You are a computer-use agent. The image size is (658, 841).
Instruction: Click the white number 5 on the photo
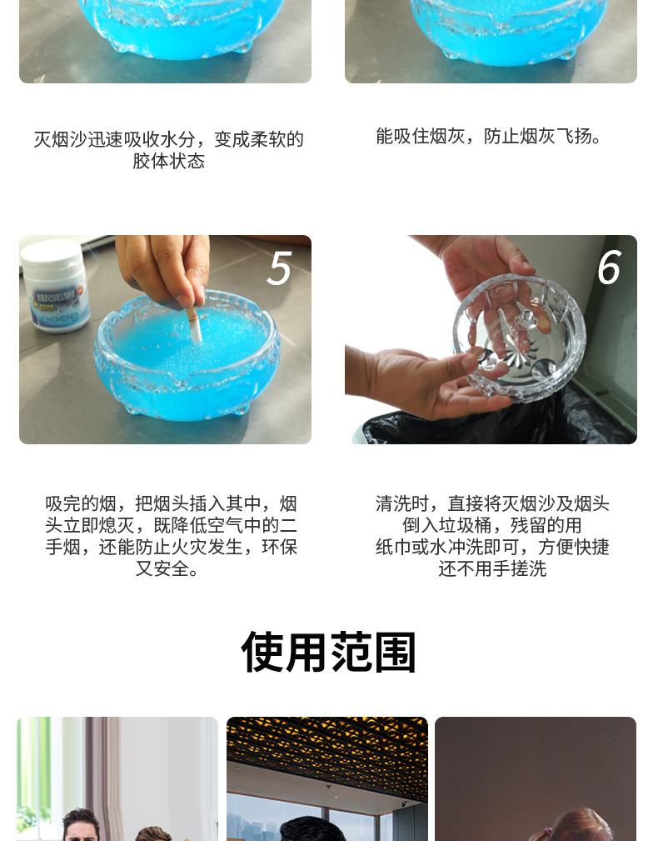coord(279,268)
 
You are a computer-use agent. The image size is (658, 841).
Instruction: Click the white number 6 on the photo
coord(609,268)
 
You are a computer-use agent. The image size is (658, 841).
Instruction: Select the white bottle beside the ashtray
coord(56,285)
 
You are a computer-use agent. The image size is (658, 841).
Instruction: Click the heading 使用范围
coord(328,652)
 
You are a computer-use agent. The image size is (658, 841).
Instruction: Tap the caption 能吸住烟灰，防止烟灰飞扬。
coord(490,136)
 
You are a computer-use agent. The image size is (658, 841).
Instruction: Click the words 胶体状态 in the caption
coord(168,161)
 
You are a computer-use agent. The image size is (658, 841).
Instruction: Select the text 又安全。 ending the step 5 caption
coord(168,569)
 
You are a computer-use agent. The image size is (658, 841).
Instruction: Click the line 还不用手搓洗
coord(492,569)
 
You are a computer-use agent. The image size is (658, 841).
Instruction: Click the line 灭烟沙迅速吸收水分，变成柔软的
coord(168,139)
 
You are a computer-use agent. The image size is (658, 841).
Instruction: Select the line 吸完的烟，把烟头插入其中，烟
coord(171,503)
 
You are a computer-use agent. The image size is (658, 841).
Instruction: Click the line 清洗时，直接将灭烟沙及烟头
coord(492,503)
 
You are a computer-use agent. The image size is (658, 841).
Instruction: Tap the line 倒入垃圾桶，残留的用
coord(492,525)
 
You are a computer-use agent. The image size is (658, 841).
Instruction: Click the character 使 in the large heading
coord(262,652)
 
